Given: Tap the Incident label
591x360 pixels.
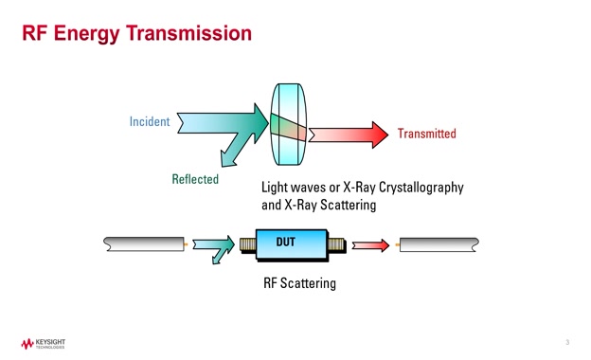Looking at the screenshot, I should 149,121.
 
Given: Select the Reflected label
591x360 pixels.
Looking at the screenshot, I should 195,179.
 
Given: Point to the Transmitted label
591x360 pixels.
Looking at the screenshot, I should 426,134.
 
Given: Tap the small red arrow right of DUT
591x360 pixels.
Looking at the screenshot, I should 370,245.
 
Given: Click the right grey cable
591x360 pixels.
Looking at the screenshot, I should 439,244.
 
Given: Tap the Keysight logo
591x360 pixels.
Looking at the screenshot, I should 42,343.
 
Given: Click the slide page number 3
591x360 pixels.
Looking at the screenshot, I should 567,342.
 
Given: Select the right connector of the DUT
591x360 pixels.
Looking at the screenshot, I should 335,245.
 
